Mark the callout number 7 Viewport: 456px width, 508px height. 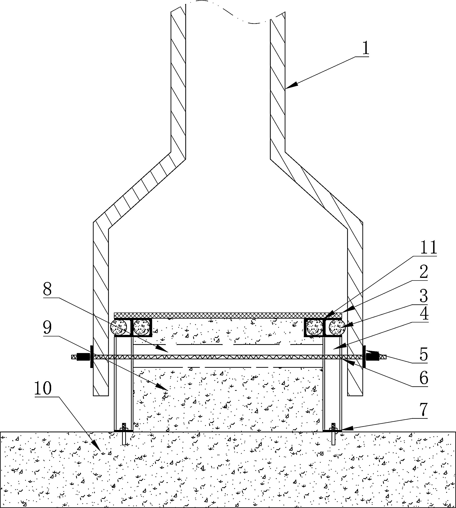[424, 409]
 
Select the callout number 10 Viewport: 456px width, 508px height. [43, 388]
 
